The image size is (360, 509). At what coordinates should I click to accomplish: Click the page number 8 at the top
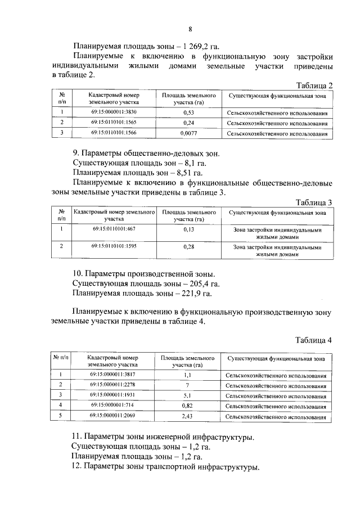pyautogui.click(x=190, y=29)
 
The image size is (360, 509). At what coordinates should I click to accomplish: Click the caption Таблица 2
pyautogui.click(x=314, y=85)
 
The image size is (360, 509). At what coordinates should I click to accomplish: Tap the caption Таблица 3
pyautogui.click(x=314, y=202)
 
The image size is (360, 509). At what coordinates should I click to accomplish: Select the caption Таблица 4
pyautogui.click(x=314, y=340)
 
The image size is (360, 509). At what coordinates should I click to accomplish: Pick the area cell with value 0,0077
pyautogui.click(x=188, y=134)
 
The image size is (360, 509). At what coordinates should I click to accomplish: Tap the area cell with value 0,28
pyautogui.click(x=188, y=247)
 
